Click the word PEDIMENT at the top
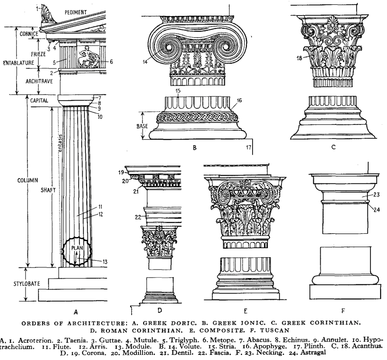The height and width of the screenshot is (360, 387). point(76,12)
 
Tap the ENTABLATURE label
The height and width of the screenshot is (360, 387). point(18,63)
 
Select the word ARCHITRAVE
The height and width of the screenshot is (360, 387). point(39,81)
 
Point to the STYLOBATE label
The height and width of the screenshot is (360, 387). point(27,284)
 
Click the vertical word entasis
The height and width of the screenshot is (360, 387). point(59,143)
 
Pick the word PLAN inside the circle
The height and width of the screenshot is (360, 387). point(77,248)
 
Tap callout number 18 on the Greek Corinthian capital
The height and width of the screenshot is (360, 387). point(299,58)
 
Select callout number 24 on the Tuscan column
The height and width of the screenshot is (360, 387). point(377,210)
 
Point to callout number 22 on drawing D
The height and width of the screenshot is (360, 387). point(138,217)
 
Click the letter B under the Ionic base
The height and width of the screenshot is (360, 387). point(195,148)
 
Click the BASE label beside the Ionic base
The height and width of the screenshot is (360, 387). point(142,126)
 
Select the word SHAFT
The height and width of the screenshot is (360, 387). point(48,190)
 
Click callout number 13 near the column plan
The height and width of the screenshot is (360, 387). point(105,262)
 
